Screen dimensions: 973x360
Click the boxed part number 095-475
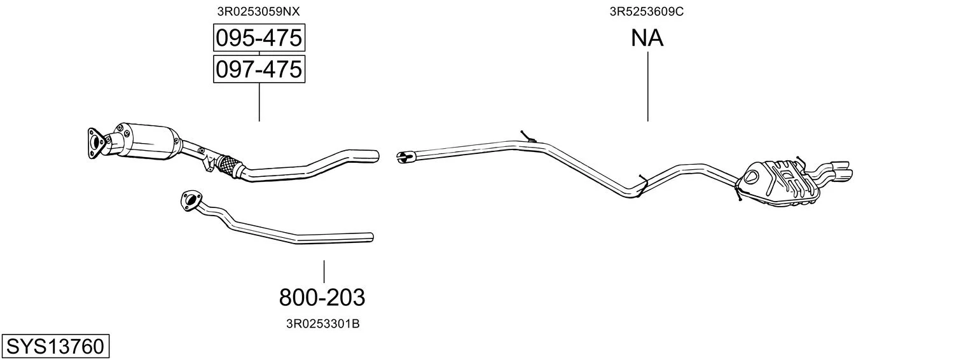click(x=259, y=38)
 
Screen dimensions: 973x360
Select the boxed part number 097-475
click(x=259, y=69)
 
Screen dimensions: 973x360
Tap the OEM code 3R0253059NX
click(x=258, y=11)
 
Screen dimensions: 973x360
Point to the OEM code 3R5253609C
click(x=646, y=11)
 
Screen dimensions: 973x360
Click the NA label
click(x=647, y=38)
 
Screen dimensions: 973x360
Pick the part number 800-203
click(x=322, y=298)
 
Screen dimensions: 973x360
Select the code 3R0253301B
click(x=322, y=324)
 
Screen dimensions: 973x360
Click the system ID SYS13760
click(x=55, y=347)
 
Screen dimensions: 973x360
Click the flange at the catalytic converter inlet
click(x=95, y=142)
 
